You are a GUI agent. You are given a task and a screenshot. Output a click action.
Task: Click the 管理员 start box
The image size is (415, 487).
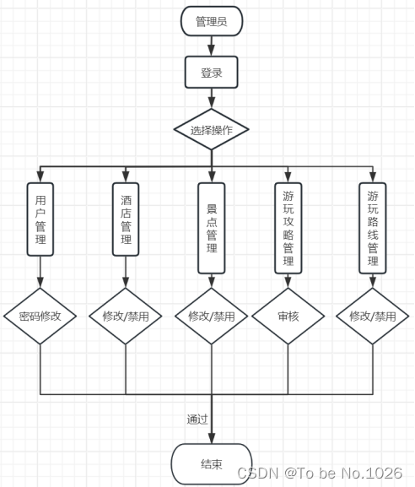point(211,21)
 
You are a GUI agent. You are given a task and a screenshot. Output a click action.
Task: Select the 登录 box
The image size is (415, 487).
point(211,73)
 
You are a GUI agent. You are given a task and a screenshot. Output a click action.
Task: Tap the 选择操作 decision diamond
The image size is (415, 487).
point(211,130)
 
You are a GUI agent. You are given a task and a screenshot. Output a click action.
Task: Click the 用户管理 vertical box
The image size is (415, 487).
point(40,219)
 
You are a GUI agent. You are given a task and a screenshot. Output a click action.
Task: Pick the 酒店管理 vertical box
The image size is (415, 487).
point(126,219)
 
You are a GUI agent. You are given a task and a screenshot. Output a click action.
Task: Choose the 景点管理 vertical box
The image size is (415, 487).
point(212,227)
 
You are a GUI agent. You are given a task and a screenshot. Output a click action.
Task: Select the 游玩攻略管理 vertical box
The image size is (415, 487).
point(288,228)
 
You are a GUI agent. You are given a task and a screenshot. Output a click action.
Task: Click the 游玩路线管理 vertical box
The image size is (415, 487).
point(373,228)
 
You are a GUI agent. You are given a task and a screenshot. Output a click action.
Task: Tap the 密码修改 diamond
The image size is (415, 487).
point(40,317)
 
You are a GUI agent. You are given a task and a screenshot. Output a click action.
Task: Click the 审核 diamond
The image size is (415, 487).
point(288,317)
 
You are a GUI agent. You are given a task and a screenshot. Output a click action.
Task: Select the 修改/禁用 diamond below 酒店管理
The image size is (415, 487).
point(126,317)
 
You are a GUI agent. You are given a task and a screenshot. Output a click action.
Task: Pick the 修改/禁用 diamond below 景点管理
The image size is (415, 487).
point(212,317)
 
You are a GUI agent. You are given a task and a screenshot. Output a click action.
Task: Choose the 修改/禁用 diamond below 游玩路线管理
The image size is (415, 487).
point(373,317)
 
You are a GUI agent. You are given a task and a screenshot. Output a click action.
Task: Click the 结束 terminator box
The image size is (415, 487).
point(211,464)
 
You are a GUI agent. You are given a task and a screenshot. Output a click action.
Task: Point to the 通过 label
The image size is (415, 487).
point(197,419)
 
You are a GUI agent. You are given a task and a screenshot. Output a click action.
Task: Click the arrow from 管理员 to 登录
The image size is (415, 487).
point(211,46)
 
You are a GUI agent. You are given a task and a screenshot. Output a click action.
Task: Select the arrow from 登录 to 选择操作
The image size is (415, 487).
point(211,99)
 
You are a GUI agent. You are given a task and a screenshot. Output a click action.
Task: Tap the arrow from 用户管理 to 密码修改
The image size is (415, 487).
point(40,272)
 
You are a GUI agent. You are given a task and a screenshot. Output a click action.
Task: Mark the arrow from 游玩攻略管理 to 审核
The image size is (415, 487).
point(288,282)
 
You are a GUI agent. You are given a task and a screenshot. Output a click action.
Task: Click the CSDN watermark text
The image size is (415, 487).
point(320,473)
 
